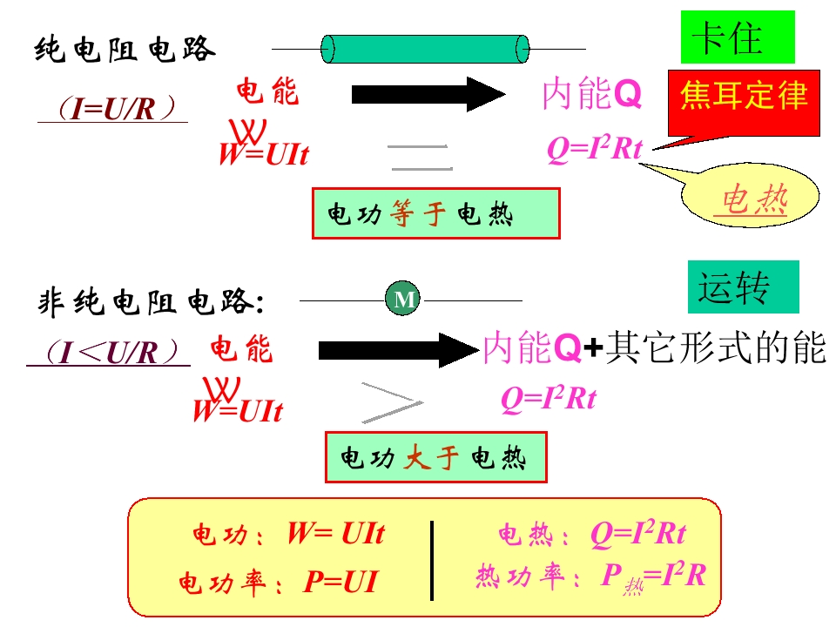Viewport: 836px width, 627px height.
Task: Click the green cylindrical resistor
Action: point(425,49)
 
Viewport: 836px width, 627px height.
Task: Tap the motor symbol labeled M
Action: point(402,298)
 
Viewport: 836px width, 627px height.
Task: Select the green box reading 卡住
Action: point(738,37)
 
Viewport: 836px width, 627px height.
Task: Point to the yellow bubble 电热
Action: point(751,196)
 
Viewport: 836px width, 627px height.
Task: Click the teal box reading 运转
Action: point(743,287)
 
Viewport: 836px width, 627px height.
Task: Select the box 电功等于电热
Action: point(436,213)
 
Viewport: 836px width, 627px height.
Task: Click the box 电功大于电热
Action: point(436,457)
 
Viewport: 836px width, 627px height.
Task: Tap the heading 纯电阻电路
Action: point(125,50)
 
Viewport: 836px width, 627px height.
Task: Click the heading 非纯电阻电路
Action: point(152,302)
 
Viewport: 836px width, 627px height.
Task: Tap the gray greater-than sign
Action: point(393,403)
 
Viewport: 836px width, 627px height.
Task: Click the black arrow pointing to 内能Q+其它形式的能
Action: point(399,350)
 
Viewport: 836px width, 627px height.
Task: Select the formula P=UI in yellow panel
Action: point(340,581)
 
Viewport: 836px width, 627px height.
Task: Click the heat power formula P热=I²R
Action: point(654,576)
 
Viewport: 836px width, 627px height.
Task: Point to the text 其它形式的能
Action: point(716,347)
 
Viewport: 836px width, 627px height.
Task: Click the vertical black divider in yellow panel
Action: point(432,561)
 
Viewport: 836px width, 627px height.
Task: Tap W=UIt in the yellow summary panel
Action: point(336,533)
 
